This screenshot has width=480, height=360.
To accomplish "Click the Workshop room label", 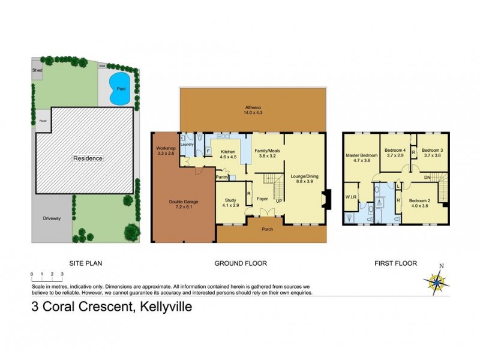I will coord(164,151).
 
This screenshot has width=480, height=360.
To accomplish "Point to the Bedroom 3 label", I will coord(432,153).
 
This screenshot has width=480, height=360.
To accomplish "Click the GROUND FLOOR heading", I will coord(241,263).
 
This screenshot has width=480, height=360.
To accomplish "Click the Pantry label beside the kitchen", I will coord(222,177).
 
